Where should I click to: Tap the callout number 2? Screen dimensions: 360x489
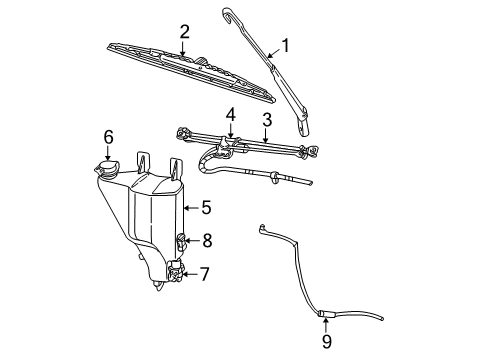pyautogui.click(x=184, y=34)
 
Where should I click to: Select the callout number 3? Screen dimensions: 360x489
pyautogui.click(x=266, y=121)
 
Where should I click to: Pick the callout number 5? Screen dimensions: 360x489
pyautogui.click(x=206, y=208)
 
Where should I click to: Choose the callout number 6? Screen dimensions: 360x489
pyautogui.click(x=109, y=137)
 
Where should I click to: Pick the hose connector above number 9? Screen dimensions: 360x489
pyautogui.click(x=325, y=315)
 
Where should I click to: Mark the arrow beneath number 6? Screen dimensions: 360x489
pyautogui.click(x=109, y=150)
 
